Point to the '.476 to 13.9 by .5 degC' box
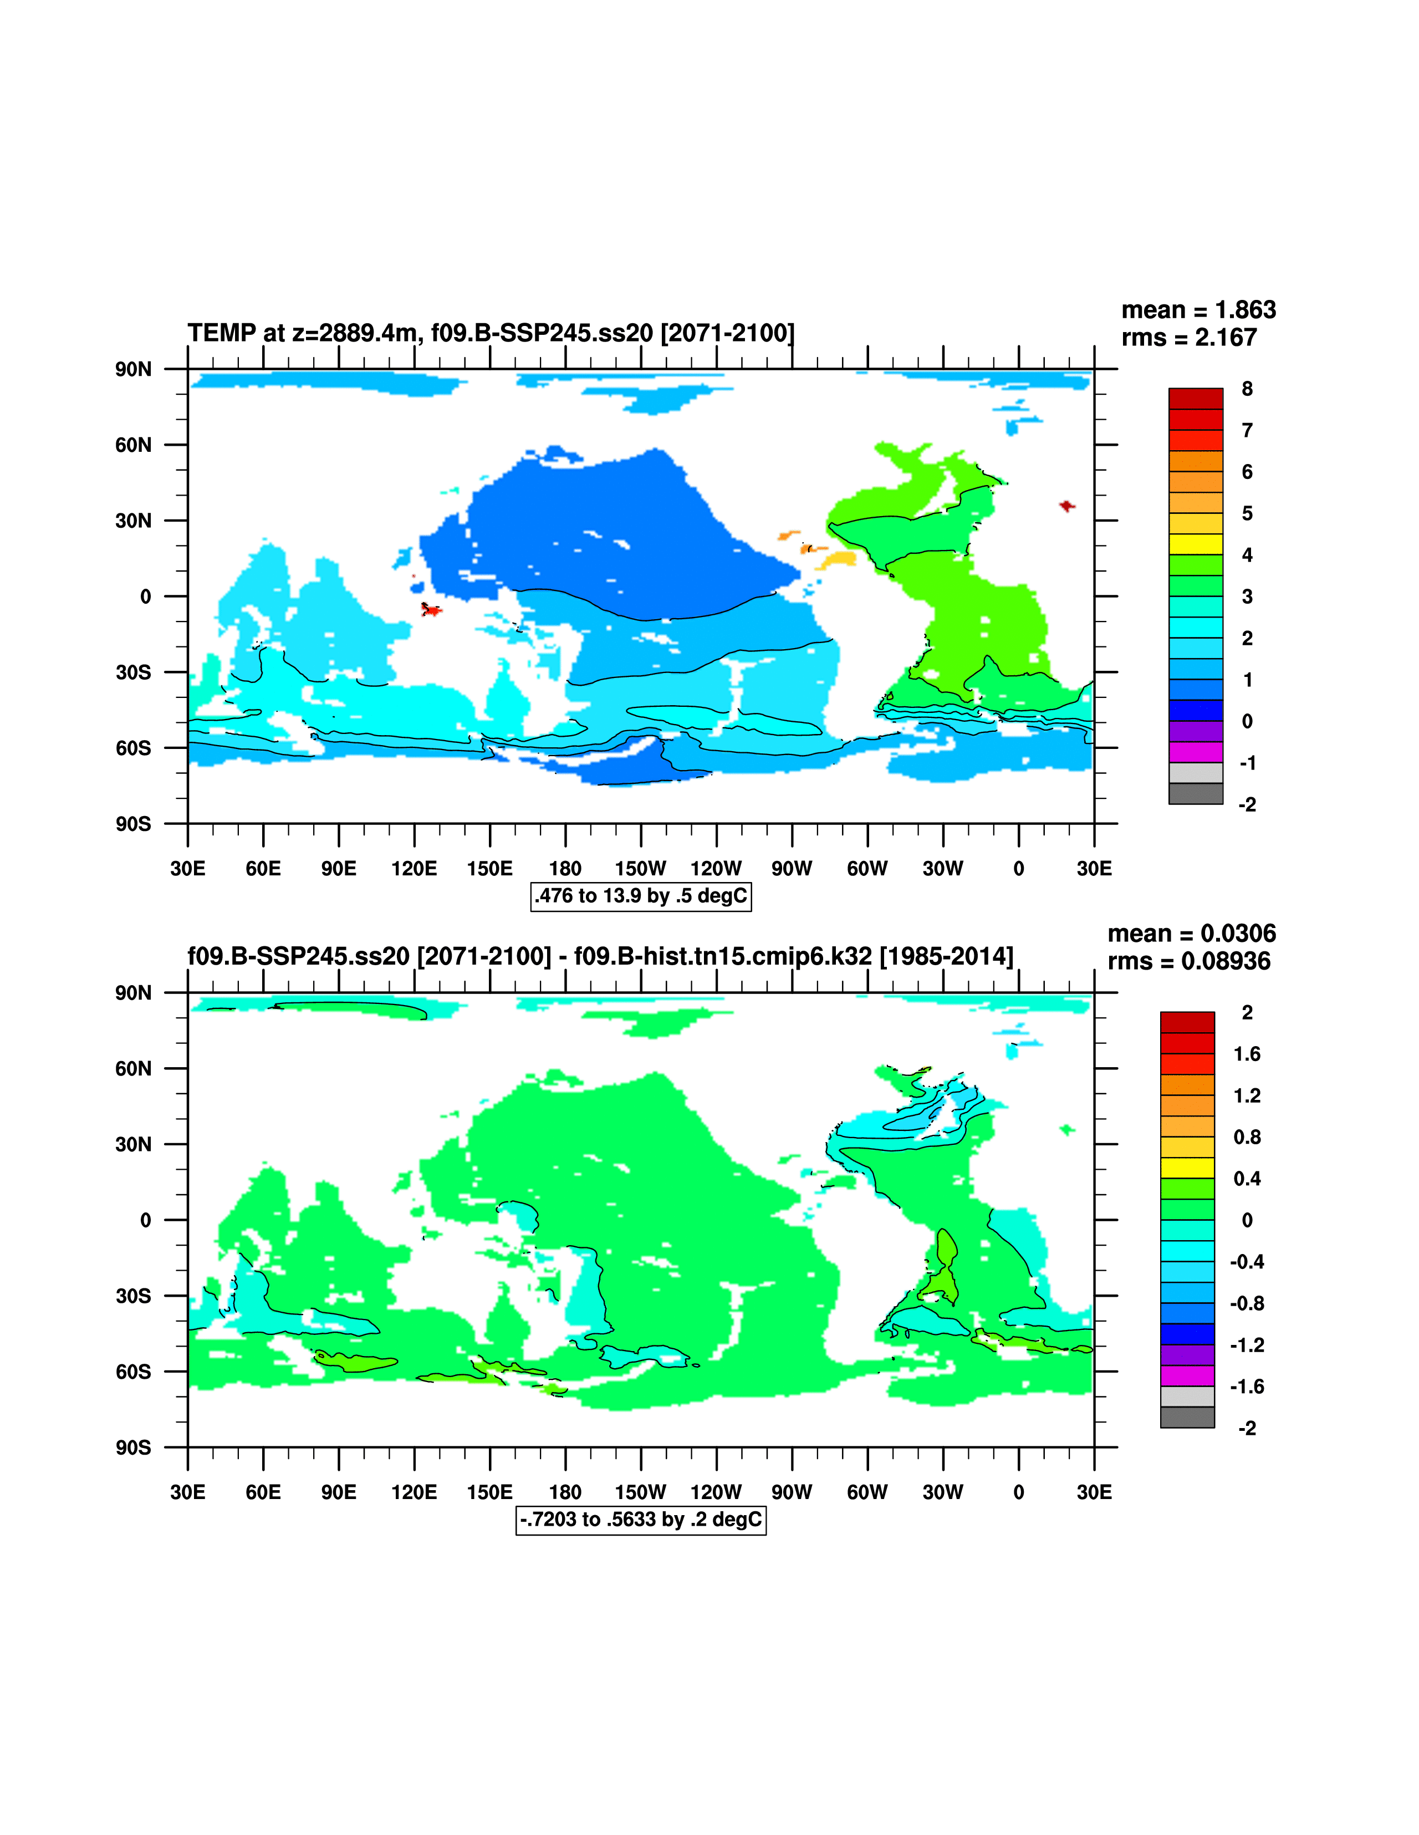pos(641,896)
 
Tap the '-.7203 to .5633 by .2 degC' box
pos(641,1519)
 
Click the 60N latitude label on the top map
pos(134,445)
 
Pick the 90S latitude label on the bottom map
pos(134,1447)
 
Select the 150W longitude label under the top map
pos(640,869)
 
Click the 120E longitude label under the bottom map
pos(414,1492)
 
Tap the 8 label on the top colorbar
pos(1247,389)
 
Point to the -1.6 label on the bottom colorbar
pos(1247,1387)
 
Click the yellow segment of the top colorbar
pos(1196,544)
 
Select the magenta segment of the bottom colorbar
pos(1187,1375)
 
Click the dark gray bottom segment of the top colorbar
pos(1196,793)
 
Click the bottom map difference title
pos(600,956)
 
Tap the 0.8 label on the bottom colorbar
pos(1247,1137)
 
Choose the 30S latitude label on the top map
pos(134,672)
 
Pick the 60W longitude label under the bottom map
pos(867,1492)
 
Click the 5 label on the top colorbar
pos(1247,513)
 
